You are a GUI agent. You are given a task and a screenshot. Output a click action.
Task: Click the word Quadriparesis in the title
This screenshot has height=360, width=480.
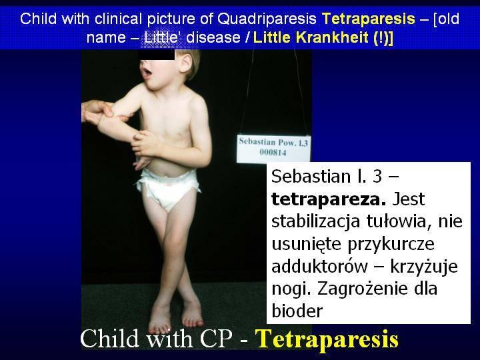267,19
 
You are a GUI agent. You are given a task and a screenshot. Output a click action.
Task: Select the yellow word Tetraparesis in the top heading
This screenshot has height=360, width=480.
369,19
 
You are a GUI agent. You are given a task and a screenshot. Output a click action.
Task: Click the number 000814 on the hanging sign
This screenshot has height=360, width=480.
273,153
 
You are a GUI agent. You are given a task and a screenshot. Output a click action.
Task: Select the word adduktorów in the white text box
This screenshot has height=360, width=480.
319,266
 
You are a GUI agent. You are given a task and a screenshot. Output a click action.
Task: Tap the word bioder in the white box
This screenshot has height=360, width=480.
297,311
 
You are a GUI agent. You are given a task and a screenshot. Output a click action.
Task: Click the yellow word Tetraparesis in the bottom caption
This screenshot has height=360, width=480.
327,339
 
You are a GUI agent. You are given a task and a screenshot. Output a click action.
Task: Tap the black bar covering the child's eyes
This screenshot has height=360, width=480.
156,55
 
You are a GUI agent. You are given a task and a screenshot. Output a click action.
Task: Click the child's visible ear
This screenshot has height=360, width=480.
185,62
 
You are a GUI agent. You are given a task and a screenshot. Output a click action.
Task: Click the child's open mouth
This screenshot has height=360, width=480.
148,73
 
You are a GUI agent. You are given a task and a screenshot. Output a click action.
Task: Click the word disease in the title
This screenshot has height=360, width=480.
213,37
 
